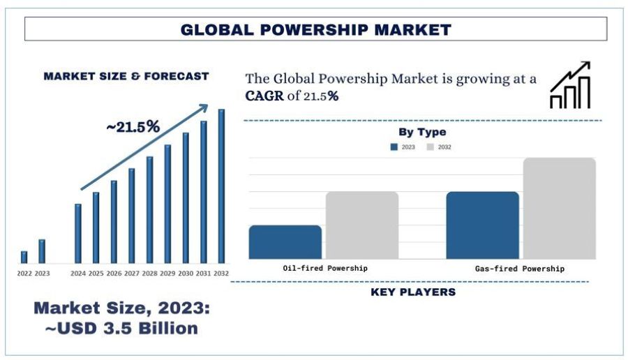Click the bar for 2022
tap(24, 257)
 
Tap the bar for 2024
tap(78, 233)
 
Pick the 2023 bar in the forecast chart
tap(42, 251)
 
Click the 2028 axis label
tap(149, 273)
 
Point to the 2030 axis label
tap(186, 273)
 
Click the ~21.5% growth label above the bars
tap(133, 127)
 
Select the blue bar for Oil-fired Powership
tap(285, 242)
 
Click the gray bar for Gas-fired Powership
tap(560, 209)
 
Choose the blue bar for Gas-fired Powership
tap(483, 225)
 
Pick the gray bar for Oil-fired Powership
tap(362, 225)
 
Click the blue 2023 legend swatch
tap(394, 147)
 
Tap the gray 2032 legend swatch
tap(431, 147)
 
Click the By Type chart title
tap(422, 132)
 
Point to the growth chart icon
tap(570, 86)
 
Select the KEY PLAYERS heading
tap(413, 292)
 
